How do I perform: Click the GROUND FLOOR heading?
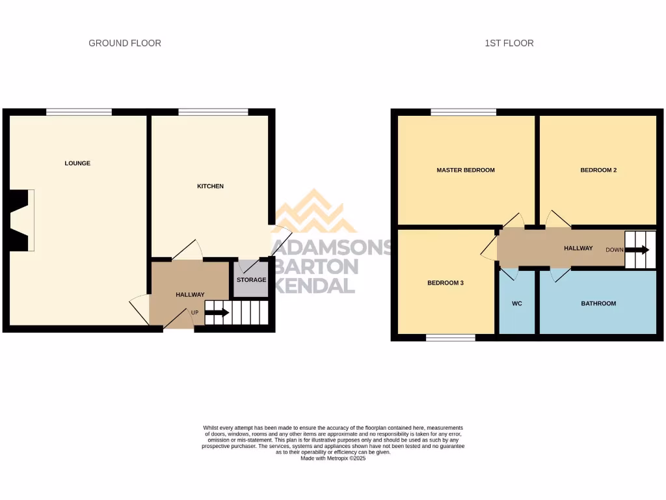125,43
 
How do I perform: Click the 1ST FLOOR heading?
509,43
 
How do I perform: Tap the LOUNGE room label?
77,163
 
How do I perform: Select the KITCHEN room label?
210,186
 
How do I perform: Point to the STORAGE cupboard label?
251,280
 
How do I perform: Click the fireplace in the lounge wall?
21,220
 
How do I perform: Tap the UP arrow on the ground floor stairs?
217,312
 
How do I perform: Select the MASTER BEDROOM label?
465,170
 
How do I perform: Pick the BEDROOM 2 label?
598,170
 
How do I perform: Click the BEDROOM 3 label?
445,283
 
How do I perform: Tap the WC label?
517,303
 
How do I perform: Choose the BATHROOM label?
598,303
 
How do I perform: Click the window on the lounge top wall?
79,112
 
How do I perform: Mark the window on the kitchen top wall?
213,112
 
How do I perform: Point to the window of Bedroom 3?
451,337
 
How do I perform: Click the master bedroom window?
462,112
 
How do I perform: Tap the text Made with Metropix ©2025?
333,458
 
